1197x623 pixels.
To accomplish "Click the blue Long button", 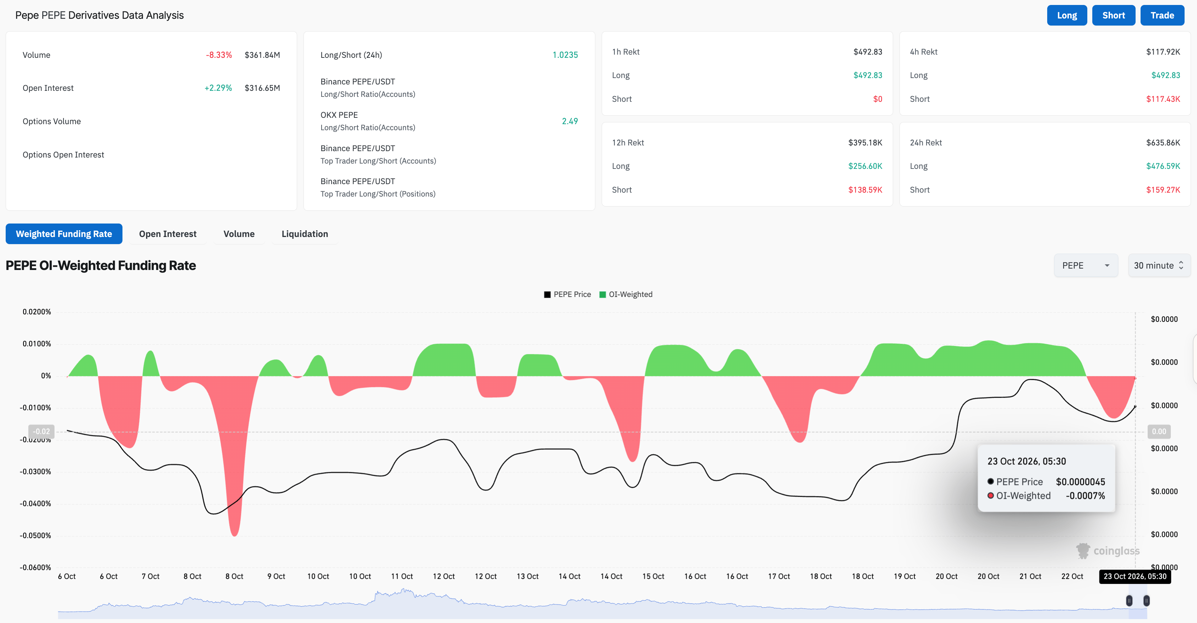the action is (1066, 15).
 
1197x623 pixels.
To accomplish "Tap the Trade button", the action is (1162, 15).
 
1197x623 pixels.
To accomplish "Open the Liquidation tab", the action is (305, 234).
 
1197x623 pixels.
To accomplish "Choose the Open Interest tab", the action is (168, 234).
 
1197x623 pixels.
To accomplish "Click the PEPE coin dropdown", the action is (1086, 265).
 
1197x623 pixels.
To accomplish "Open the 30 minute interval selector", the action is (1159, 265).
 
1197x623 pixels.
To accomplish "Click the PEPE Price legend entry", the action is (567, 294).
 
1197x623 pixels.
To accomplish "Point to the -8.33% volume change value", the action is (219, 55).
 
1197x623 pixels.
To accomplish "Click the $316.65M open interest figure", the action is (263, 88).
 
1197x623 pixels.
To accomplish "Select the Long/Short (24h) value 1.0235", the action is (565, 55).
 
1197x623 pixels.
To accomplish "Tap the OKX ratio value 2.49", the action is (570, 121).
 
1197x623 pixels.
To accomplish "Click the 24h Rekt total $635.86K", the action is (1163, 143).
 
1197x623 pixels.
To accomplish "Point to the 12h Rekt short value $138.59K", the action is (865, 189).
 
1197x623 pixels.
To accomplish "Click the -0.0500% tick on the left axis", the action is (35, 535).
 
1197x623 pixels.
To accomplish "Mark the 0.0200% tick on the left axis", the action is (37, 311).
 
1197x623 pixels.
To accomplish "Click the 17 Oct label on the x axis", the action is (779, 576).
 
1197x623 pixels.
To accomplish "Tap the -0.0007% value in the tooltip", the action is (1086, 496).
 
